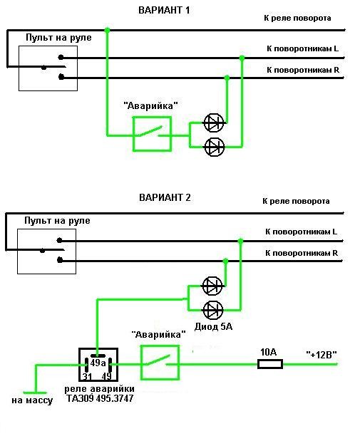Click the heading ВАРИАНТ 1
click(x=164, y=10)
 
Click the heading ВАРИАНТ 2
click(x=165, y=198)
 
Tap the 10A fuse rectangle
click(x=270, y=364)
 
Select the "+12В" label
click(x=322, y=355)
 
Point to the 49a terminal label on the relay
click(x=98, y=363)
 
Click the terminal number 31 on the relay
click(x=88, y=377)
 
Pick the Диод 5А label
click(x=213, y=326)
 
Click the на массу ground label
click(x=32, y=400)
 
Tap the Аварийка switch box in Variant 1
click(x=152, y=134)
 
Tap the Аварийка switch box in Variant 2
click(x=160, y=363)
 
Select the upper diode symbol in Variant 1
click(x=214, y=123)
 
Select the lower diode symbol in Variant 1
click(x=215, y=147)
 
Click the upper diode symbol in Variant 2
click(x=212, y=286)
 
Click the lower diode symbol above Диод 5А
click(x=213, y=310)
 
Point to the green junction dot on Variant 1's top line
click(x=107, y=30)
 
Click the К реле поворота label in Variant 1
click(x=297, y=19)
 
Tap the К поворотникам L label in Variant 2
click(x=301, y=232)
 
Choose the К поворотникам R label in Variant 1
click(x=303, y=70)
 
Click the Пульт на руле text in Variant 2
click(x=57, y=221)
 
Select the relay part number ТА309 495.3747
click(x=100, y=398)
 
